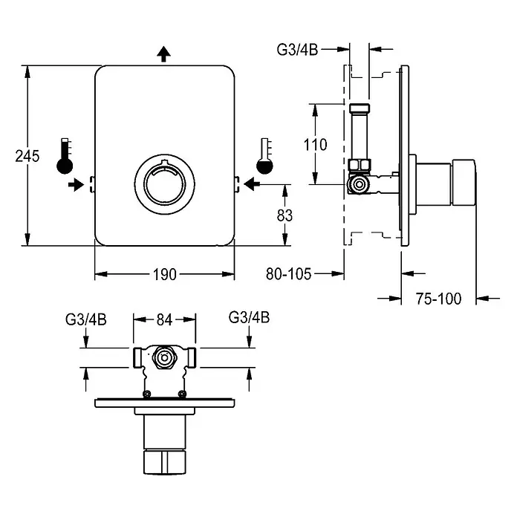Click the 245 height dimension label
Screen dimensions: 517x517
coord(27,156)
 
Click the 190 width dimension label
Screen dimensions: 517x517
coord(164,274)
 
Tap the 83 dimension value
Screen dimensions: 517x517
coord(284,215)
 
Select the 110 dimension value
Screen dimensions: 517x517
coord(315,144)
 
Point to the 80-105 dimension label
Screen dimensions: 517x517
coord(288,273)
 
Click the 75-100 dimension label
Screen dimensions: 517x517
coord(438,299)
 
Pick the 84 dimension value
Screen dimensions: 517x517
coord(164,319)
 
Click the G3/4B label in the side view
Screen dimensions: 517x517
coord(297,50)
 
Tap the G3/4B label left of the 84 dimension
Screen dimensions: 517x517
coord(85,319)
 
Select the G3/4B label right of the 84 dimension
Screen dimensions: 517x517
coord(249,317)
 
